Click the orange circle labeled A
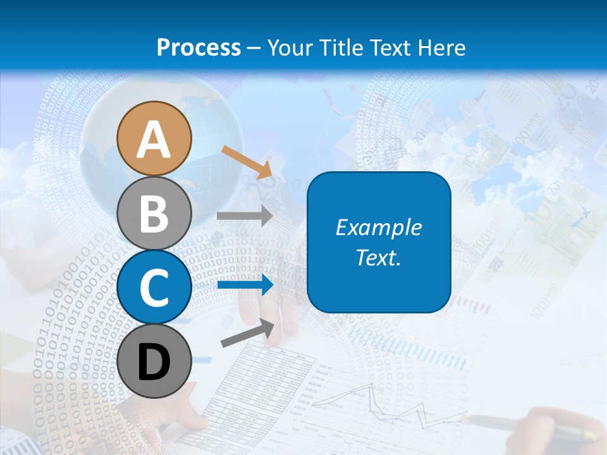point(154,138)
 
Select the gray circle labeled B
point(154,213)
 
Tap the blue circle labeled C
point(154,287)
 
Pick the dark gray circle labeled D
point(154,361)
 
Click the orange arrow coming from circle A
point(247,161)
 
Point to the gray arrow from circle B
point(245,215)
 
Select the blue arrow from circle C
point(245,285)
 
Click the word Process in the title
point(199,48)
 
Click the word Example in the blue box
point(379,227)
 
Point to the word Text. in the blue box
point(379,257)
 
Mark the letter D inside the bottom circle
point(154,362)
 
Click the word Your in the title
point(290,48)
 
